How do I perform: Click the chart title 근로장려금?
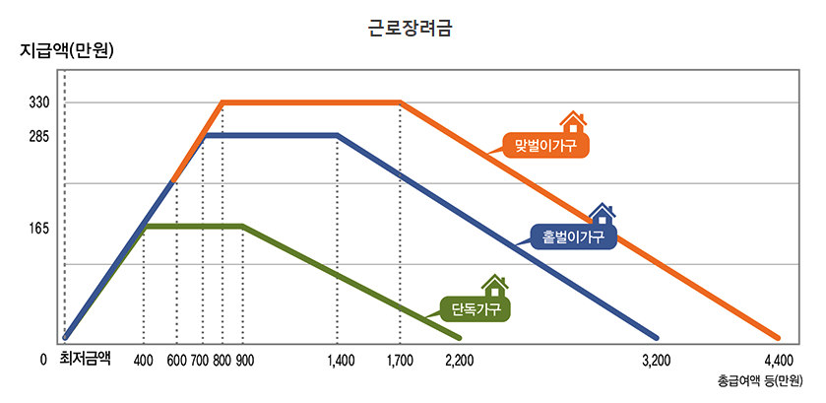pyautogui.click(x=412, y=29)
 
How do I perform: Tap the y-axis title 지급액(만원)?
pyautogui.click(x=67, y=51)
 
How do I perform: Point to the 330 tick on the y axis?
pyautogui.click(x=39, y=102)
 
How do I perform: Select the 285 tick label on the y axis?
pyautogui.click(x=39, y=136)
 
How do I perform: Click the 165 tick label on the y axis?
pyautogui.click(x=39, y=229)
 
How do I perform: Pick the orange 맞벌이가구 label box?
pyautogui.click(x=544, y=145)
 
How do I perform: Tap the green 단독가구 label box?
pyautogui.click(x=476, y=309)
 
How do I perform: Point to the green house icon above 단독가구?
pyautogui.click(x=495, y=286)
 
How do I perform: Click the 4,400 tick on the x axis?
pyautogui.click(x=778, y=360)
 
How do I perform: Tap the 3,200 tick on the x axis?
pyautogui.click(x=656, y=360)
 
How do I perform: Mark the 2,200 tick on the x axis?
pyautogui.click(x=460, y=360)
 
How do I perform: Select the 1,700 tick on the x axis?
pyautogui.click(x=401, y=360)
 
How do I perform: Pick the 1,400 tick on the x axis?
pyautogui.click(x=340, y=360)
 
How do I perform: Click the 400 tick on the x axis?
pyautogui.click(x=144, y=360)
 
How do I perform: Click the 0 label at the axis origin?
pyautogui.click(x=43, y=360)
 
